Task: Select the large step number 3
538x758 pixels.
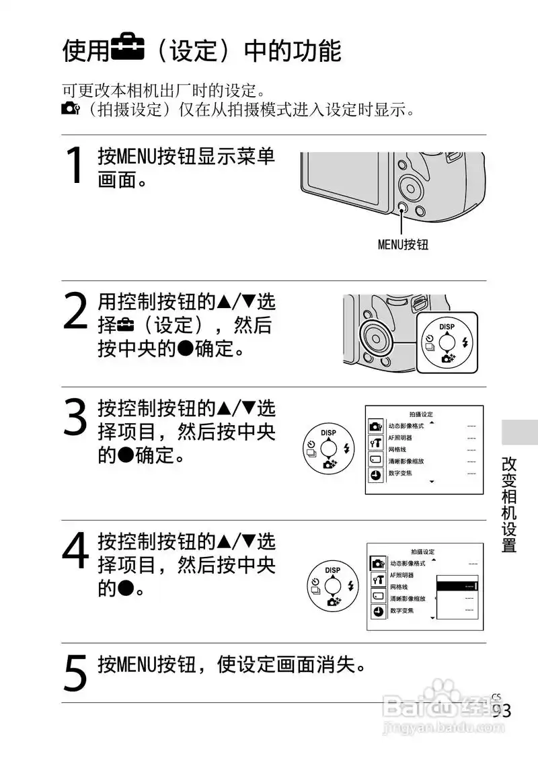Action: (75, 417)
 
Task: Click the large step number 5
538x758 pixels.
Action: (75, 673)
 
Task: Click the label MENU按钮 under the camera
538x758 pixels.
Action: (402, 245)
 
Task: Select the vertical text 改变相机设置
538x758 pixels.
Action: (509, 504)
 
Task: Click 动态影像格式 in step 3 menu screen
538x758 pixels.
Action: (406, 426)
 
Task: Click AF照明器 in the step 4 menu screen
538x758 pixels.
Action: (402, 575)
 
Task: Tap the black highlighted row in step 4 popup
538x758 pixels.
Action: (457, 586)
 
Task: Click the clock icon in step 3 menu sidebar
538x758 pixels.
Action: (375, 475)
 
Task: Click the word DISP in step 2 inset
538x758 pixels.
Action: (447, 327)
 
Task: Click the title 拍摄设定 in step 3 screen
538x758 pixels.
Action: (422, 414)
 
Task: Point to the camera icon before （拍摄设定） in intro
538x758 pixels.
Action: (70, 109)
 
